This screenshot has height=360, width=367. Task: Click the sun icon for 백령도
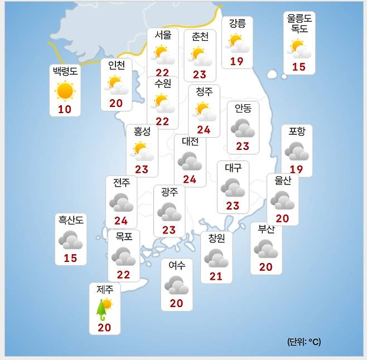coord(65,90)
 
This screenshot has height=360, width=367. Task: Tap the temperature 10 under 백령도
coord(65,109)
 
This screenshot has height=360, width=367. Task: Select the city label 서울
coord(163,35)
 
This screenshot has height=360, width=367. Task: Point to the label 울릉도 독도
coord(300,24)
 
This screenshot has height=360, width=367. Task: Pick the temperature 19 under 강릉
coord(236,61)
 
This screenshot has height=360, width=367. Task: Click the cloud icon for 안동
coord(243,128)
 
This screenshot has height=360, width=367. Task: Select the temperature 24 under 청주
coord(204,130)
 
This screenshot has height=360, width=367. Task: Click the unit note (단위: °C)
coord(305,341)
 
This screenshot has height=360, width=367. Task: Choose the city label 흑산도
coord(70,221)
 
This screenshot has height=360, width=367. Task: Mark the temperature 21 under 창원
coord(216,276)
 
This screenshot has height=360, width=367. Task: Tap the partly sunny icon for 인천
coord(116,85)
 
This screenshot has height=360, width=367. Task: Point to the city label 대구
coord(233,168)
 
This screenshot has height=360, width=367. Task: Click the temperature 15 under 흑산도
coord(70,258)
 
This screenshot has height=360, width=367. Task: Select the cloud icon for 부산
coord(265,249)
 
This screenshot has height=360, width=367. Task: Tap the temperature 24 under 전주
coord(121,221)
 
